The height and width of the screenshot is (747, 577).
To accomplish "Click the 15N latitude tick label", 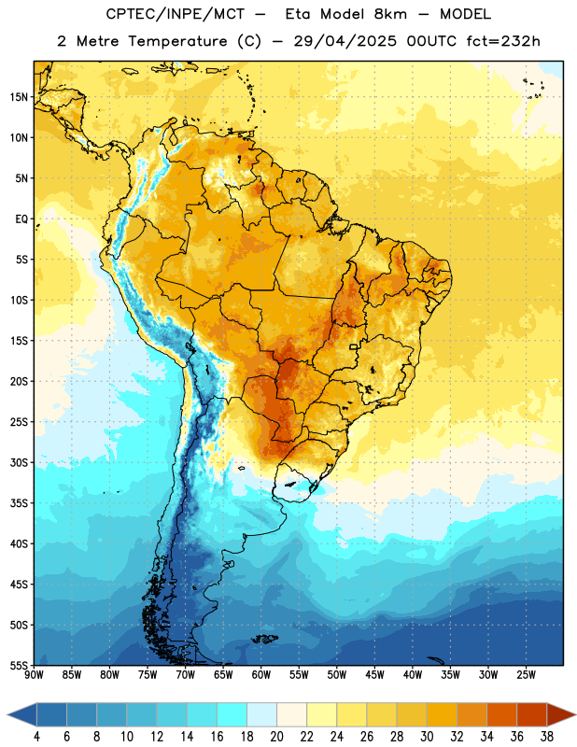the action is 19,97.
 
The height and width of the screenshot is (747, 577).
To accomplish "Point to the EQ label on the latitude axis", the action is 21,219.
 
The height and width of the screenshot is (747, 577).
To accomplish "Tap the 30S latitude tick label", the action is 19,462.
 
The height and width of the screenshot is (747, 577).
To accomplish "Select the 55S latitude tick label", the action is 19,665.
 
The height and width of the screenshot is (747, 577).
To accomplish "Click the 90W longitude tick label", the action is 34,674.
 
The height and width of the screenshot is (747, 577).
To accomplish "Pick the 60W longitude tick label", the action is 261,674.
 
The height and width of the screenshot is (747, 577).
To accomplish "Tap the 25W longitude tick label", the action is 526,674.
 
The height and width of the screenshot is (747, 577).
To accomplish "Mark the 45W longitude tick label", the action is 374,674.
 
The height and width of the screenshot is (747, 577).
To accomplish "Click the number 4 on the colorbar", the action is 36,737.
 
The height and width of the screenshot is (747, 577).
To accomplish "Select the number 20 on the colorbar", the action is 276,737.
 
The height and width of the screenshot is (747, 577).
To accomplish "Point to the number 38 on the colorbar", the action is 547,737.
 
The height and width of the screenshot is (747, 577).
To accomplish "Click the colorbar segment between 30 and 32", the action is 442,715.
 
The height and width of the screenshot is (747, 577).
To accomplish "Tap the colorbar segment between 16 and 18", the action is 232,715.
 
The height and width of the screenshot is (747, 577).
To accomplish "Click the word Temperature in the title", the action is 177,41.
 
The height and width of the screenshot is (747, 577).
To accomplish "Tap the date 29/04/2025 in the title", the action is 345,41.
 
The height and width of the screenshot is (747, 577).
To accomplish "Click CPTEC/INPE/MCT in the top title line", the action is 175,14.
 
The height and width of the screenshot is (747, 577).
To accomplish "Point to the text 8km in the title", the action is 390,14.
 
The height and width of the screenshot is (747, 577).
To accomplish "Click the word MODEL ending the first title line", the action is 465,14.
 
